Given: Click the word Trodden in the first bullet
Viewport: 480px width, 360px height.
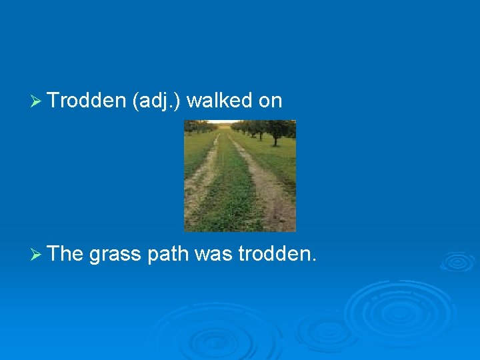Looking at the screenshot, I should (x=87, y=101).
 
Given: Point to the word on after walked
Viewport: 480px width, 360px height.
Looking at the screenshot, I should (x=270, y=101).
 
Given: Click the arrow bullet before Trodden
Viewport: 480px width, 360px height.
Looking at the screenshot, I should (x=37, y=101).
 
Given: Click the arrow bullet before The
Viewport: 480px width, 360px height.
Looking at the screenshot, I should (x=37, y=253).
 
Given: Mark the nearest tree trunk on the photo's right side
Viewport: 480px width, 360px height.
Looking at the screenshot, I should (x=275, y=139).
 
